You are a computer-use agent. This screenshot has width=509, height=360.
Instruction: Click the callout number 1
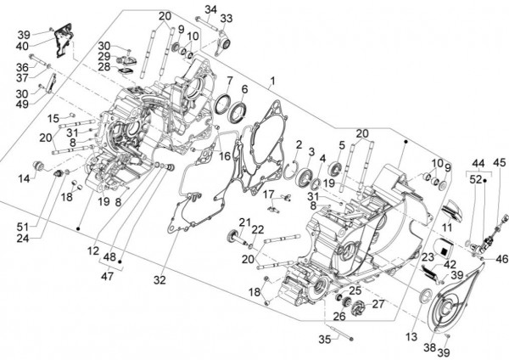pyautogui.click(x=272, y=82)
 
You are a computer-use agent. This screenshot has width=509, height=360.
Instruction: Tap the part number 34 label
pyautogui.click(x=210, y=10)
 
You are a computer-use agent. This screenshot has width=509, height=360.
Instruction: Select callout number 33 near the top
pyautogui.click(x=226, y=19)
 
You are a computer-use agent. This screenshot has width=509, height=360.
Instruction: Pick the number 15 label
pyautogui.click(x=53, y=117)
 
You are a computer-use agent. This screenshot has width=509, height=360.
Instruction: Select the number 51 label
pyautogui.click(x=21, y=226)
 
